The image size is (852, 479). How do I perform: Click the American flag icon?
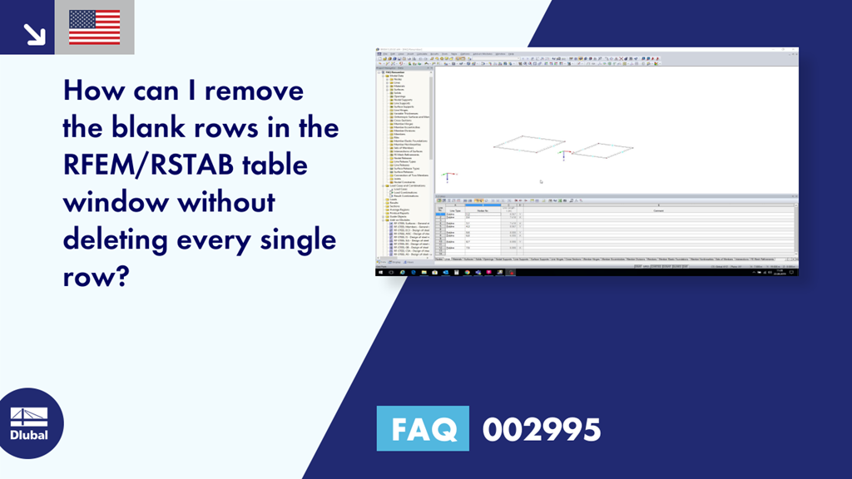coord(94,27)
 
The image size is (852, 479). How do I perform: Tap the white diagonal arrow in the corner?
coord(34,32)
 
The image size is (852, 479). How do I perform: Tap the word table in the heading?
coord(275,165)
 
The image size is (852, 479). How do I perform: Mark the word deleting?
coord(113,240)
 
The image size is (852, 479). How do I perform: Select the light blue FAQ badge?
coord(423,429)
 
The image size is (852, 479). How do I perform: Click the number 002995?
coord(542,429)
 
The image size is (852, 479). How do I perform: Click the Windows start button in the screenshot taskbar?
coord(381,272)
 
